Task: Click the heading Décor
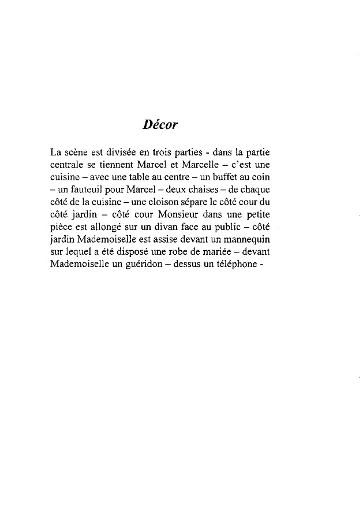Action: tap(159, 124)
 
